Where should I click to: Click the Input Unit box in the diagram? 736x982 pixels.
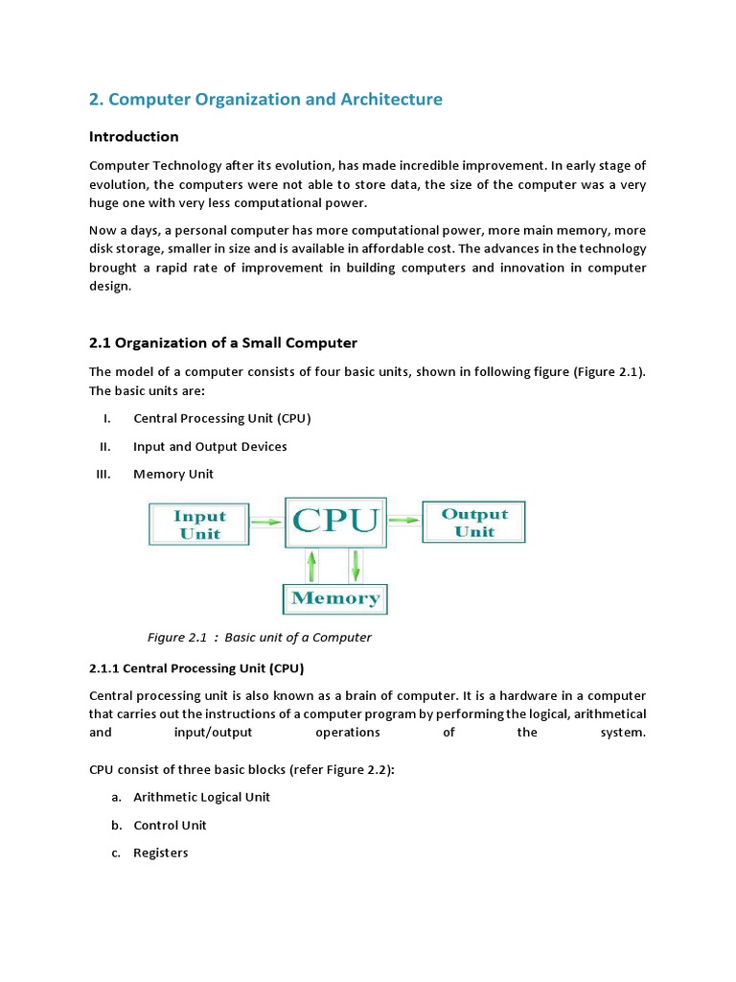199,525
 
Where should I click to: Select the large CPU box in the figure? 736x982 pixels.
335,521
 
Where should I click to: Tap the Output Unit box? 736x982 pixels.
473,523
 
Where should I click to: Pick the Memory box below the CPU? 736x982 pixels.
335,598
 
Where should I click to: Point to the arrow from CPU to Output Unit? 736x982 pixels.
404,520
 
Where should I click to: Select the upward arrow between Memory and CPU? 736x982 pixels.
312,565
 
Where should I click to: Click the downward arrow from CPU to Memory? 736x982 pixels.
355,565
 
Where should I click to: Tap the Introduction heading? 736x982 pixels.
134,136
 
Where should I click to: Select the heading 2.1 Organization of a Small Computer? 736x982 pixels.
222,343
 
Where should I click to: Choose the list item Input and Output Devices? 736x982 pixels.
210,446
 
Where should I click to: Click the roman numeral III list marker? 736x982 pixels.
104,474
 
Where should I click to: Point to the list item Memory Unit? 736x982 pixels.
173,474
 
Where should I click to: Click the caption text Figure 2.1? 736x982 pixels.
177,637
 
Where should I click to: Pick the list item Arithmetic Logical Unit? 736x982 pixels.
201,797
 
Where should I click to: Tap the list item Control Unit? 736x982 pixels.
170,825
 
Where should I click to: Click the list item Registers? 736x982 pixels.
161,853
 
